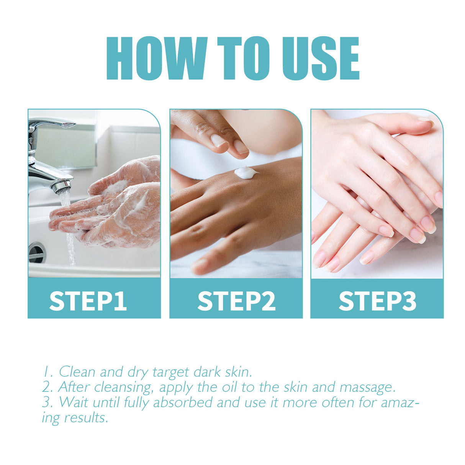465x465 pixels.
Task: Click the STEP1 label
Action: click(88, 301)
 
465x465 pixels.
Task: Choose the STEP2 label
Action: click(236, 301)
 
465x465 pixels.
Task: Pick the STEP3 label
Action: click(377, 301)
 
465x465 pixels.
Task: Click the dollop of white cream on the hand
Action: click(244, 172)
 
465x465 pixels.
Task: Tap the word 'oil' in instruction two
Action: click(230, 387)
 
